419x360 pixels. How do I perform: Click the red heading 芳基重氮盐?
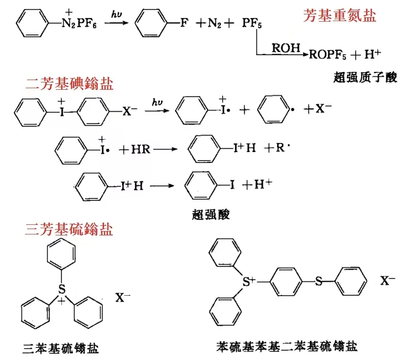[340, 15]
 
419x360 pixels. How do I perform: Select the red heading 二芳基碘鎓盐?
[69, 83]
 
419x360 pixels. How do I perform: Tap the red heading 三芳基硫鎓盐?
[69, 229]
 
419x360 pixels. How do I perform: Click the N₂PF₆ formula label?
[79, 23]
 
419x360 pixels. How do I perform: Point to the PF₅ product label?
[252, 23]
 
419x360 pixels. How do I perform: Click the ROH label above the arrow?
[286, 48]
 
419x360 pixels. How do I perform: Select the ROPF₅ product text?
[328, 55]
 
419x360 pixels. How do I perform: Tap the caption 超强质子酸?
[365, 77]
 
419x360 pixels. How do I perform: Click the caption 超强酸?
[211, 214]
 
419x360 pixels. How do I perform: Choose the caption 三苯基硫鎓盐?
[61, 348]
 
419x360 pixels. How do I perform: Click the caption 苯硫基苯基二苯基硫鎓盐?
[287, 347]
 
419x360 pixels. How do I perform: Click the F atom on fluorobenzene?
[184, 23]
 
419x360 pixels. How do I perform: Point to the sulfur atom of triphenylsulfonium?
[62, 289]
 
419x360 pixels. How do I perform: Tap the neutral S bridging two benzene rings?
[318, 281]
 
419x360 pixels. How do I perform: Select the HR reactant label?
[141, 149]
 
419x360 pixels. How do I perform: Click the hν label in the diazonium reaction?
[116, 14]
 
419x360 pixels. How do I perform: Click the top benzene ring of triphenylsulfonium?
[61, 254]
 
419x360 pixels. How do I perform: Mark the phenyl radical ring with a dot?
[273, 109]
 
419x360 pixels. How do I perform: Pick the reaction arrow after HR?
[165, 149]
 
